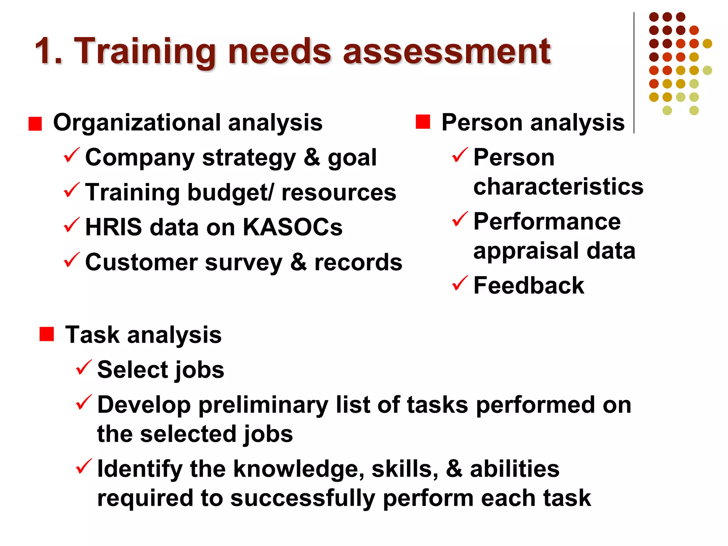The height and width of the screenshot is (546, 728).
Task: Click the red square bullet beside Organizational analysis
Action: tap(35, 124)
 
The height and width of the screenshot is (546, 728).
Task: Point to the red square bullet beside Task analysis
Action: tap(47, 334)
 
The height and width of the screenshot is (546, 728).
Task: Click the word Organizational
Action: tap(136, 122)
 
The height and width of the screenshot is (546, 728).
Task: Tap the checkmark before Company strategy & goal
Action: tap(72, 155)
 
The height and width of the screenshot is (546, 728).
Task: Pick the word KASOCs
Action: tap(293, 227)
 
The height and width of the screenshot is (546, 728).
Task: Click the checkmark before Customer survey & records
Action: tap(72, 260)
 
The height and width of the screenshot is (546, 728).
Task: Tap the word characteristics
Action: tap(558, 187)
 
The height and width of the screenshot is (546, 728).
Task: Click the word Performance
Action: tap(547, 221)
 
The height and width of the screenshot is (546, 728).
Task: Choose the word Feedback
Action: tap(529, 285)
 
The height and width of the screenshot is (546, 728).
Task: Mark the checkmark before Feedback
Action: tap(460, 283)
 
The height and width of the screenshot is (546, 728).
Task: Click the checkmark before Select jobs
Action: tap(84, 368)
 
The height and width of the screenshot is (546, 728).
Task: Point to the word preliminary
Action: tap(263, 405)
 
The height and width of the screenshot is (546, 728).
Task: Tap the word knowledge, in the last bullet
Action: tap(299, 469)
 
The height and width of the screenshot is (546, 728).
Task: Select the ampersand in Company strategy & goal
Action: tap(312, 157)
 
